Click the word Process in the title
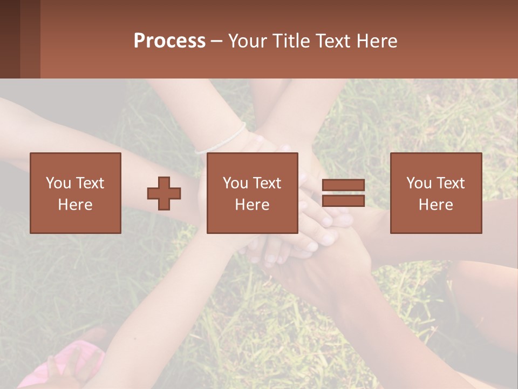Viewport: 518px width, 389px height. [169, 41]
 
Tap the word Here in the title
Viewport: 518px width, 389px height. [378, 41]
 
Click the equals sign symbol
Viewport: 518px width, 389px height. [343, 193]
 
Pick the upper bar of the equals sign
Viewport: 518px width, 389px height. [343, 185]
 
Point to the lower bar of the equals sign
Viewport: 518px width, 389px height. [343, 201]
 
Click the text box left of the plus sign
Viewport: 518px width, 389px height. [76, 193]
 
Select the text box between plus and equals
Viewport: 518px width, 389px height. [253, 193]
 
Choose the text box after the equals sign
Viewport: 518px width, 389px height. [436, 193]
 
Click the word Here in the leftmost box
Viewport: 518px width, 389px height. [76, 205]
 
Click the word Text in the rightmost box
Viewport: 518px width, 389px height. [451, 183]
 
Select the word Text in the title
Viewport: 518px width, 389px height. [335, 41]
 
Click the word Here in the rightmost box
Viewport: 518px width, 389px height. [436, 205]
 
